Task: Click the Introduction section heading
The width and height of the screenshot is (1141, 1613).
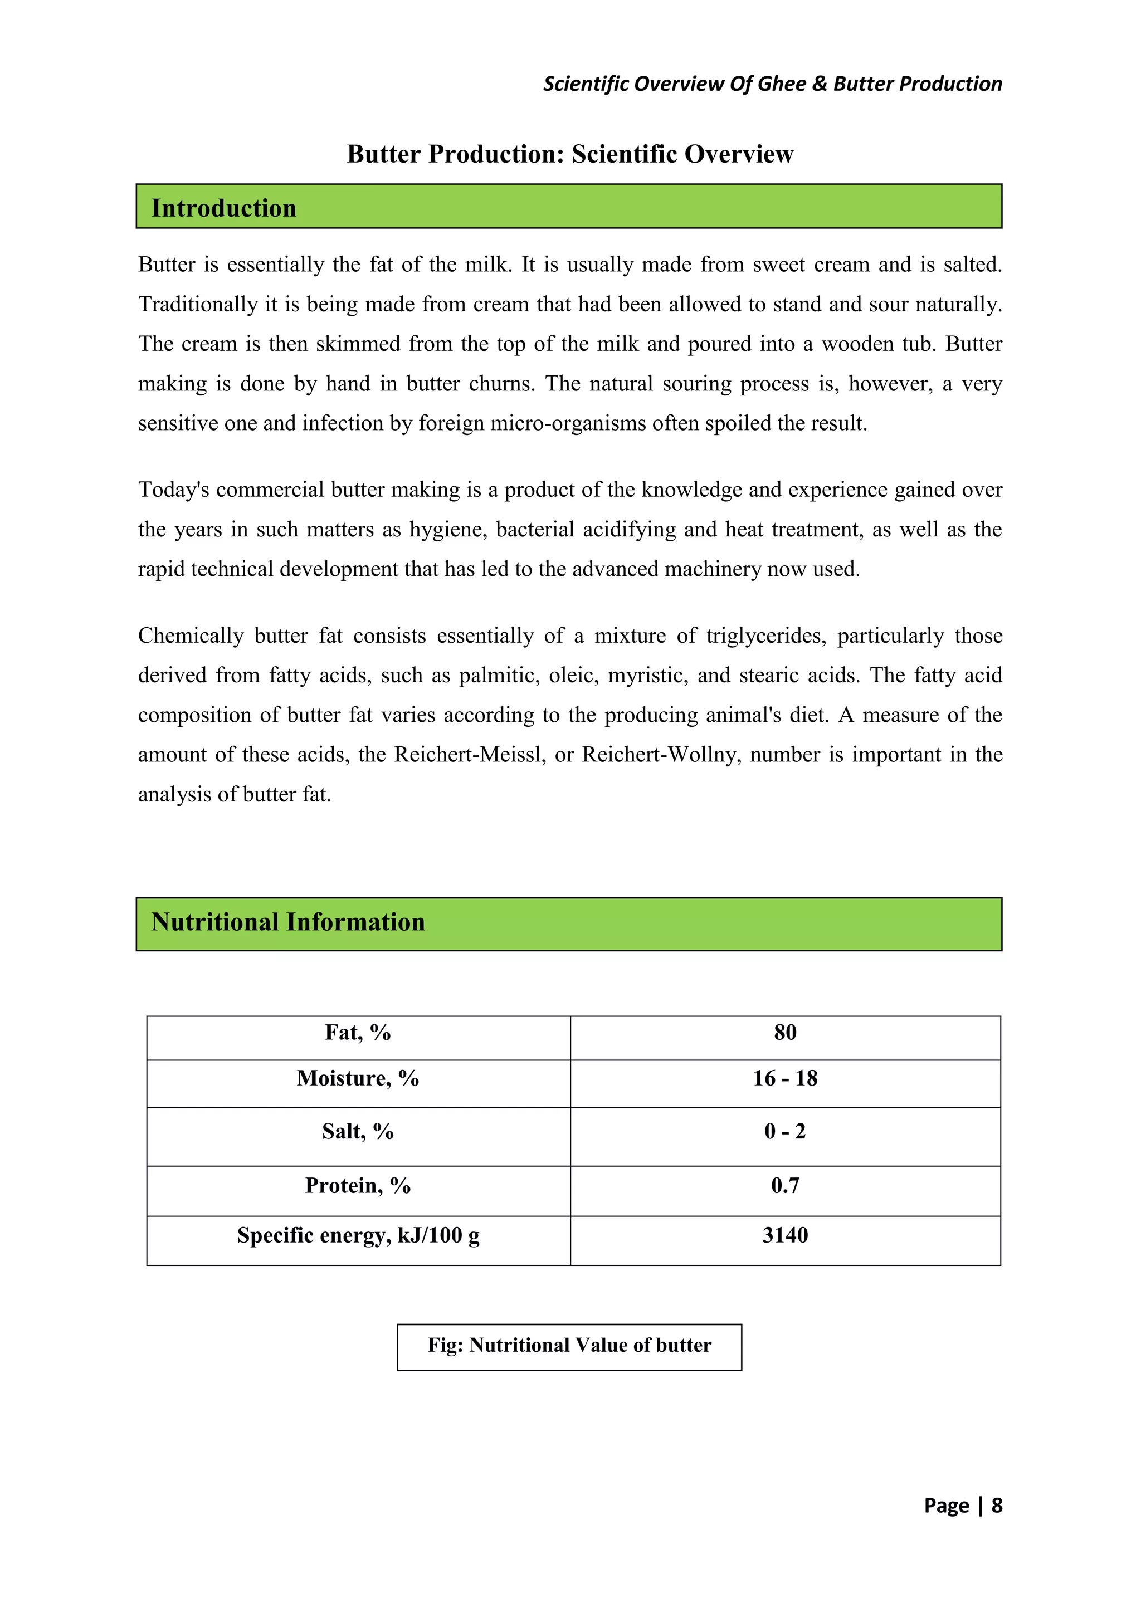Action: point(223,208)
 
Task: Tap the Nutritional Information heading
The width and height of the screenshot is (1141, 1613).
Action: point(288,922)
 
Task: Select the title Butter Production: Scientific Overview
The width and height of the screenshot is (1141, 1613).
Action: point(570,154)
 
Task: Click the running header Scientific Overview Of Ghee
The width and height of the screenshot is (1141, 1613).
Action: point(772,84)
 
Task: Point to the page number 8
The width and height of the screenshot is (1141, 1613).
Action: point(997,1506)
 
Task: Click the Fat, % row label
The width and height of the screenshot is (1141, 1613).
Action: point(358,1032)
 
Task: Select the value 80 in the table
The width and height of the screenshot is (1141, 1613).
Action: point(785,1032)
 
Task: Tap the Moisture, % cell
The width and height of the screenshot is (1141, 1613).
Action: point(358,1078)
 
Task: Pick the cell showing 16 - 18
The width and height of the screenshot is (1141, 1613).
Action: point(785,1078)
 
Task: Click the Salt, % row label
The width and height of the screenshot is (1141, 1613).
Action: point(358,1131)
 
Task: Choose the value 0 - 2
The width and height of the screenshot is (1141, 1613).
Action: point(785,1131)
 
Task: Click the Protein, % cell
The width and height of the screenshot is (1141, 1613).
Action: point(358,1185)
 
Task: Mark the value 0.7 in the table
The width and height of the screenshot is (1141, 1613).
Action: point(785,1185)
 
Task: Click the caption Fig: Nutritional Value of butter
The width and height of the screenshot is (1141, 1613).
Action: point(569,1345)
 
